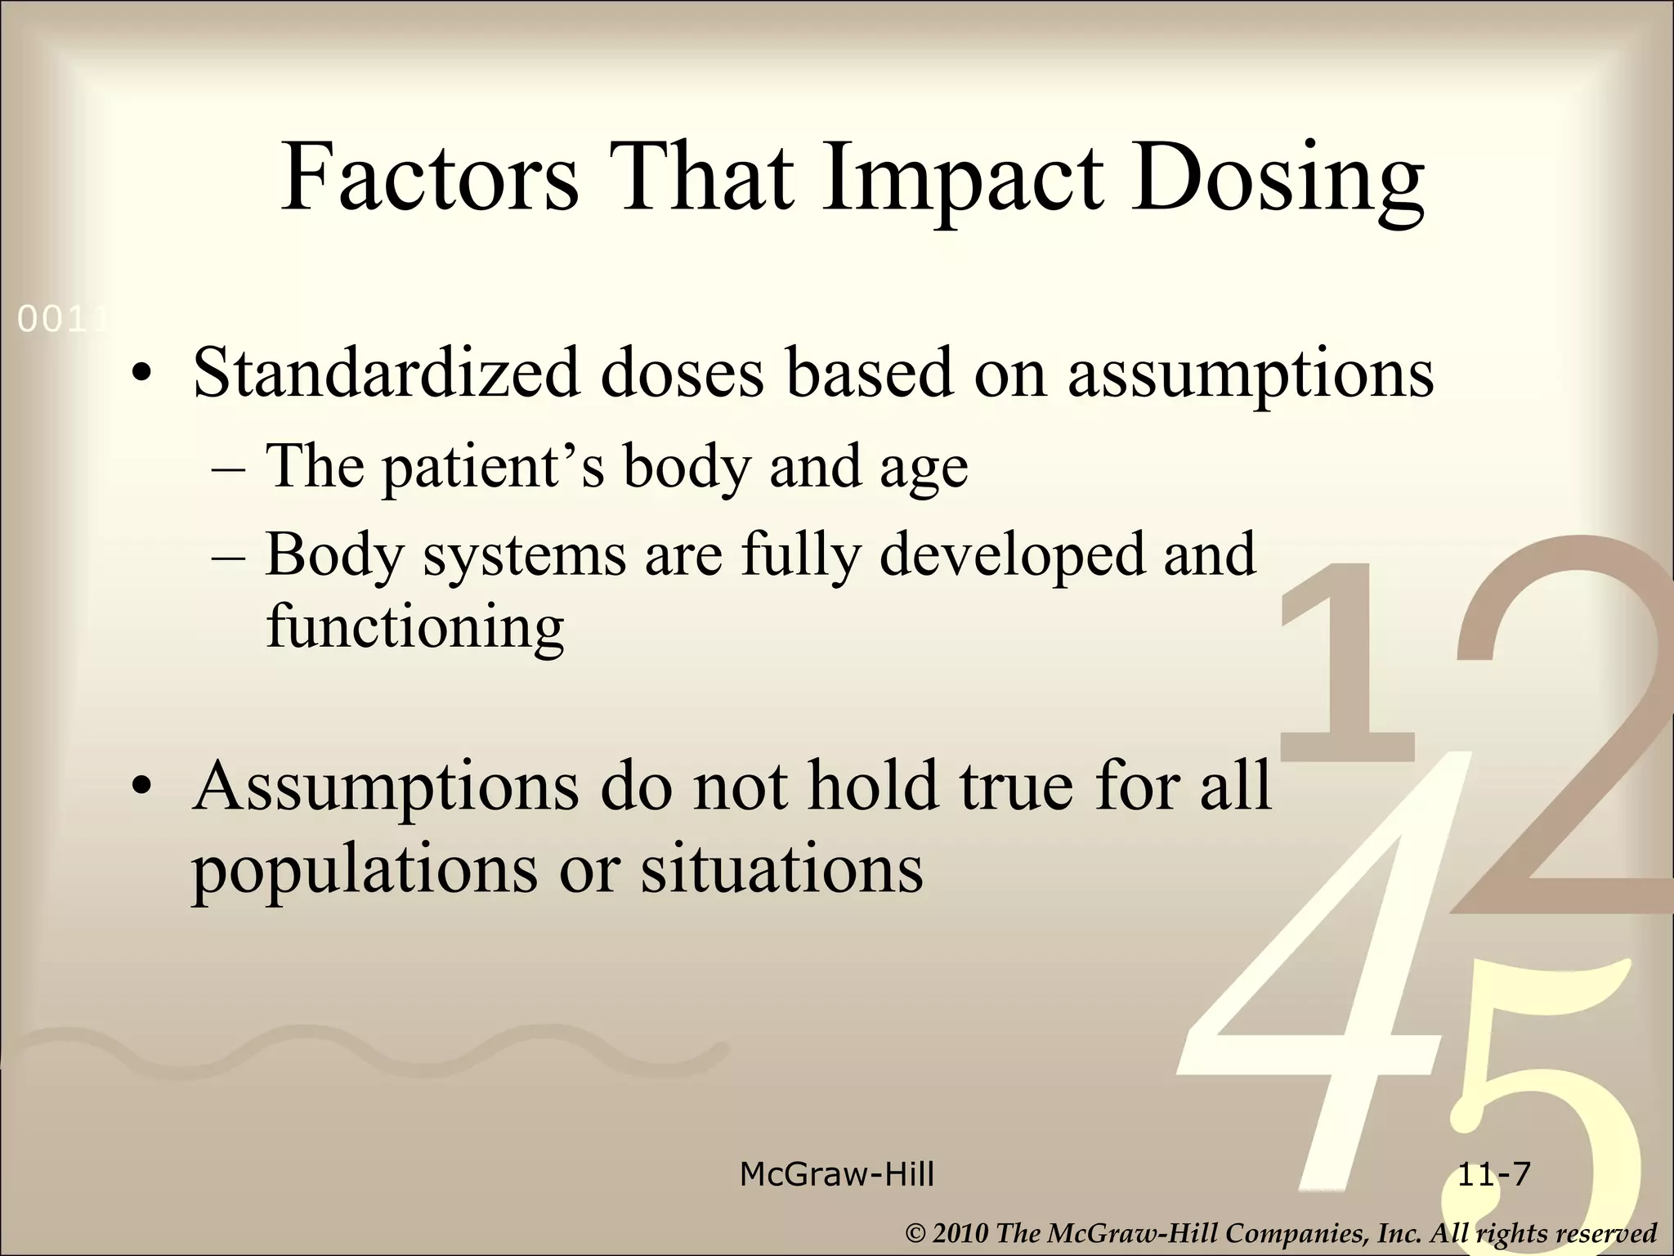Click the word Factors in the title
click(430, 177)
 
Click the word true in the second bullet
click(1017, 785)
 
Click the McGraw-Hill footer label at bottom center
click(836, 1174)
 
